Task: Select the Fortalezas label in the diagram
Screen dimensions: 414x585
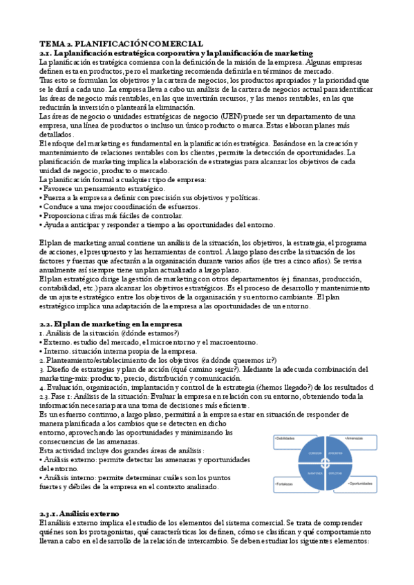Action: point(287,484)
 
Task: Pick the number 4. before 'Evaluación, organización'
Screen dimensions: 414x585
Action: point(41,388)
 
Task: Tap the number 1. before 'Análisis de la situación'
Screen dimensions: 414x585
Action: point(41,333)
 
